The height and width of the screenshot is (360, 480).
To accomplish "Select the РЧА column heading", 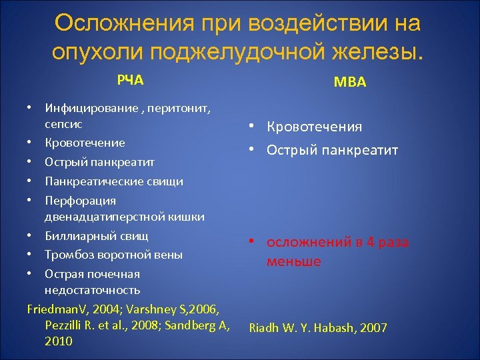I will coord(131,81).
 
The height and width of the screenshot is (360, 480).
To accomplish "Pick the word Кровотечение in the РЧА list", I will coord(85,143).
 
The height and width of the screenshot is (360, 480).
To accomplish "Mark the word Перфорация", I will coord(71,201).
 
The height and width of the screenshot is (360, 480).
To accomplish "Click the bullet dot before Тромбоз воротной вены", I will coord(30,255).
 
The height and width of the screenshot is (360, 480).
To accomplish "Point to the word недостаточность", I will coord(92,290).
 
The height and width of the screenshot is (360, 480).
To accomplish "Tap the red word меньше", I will coord(294,261).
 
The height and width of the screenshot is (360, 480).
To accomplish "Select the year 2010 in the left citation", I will coord(59,341).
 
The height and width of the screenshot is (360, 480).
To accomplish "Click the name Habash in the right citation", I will coord(329,328).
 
